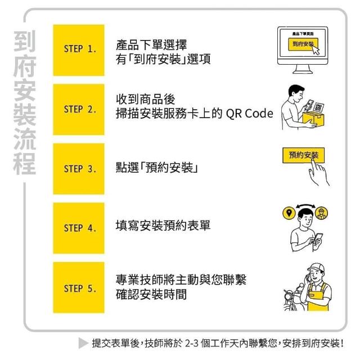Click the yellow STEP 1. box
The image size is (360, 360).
pos(79,50)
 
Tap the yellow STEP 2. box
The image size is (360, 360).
pos(79,110)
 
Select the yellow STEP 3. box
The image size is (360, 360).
pos(79,169)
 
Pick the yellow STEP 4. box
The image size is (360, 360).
pos(79,228)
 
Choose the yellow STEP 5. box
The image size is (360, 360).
pos(79,287)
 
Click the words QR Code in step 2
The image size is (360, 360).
pos(250,114)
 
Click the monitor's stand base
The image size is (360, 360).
pos(303,72)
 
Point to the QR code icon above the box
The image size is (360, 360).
pos(318,107)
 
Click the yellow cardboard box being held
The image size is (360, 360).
pos(313,119)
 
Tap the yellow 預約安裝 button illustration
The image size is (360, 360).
pos(303,155)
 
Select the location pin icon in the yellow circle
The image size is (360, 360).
pos(289,213)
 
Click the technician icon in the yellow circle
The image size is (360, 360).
pos(321,213)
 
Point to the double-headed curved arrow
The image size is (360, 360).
pos(305,205)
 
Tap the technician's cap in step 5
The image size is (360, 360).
pos(317,268)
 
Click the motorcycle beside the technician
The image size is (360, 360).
pos(292,298)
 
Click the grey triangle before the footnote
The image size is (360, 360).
pos(83,343)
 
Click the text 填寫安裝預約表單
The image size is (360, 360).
pos(163,225)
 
